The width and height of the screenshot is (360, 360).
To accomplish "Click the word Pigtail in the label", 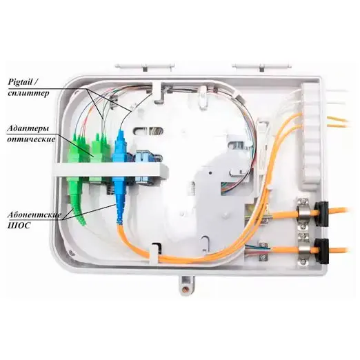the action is coord(20,82).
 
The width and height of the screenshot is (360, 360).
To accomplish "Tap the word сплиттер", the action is coord(28,93).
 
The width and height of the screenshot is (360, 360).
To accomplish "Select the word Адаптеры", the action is coord(28,129).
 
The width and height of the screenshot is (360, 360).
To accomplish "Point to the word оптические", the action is coord(31,139).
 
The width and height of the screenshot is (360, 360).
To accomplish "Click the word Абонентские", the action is coord(34,215).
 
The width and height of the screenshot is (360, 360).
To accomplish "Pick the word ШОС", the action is coord(19,226).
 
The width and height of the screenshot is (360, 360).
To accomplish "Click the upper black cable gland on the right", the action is coord(321,214).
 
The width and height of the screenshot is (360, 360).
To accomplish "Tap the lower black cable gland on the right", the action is coord(321,250).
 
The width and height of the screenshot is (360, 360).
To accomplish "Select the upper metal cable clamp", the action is coord(303,214).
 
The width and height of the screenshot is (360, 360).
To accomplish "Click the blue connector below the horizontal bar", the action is coord(119,199).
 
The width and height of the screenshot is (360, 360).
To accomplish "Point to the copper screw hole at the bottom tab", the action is coord(185,288).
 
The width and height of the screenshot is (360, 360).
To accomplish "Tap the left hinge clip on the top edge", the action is coord(144,67).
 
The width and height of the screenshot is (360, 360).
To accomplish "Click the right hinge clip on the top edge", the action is coord(262,67).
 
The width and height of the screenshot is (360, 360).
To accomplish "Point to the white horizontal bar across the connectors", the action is coord(110,170).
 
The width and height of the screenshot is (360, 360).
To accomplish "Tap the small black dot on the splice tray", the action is coord(210,172).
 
